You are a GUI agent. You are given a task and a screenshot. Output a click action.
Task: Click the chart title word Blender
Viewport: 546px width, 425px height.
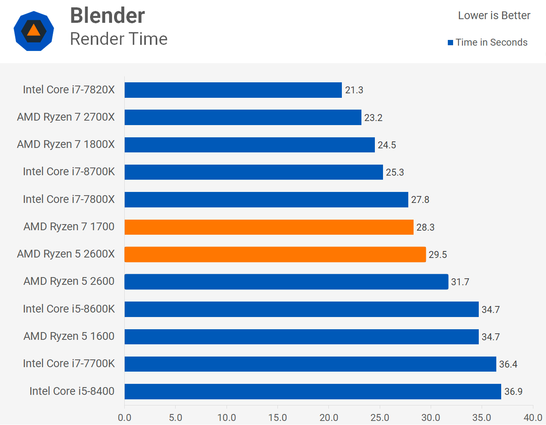click(107, 16)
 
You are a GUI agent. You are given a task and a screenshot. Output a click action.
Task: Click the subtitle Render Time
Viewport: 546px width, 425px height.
click(119, 39)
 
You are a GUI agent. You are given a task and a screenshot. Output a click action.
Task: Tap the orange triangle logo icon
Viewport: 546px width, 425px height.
click(34, 31)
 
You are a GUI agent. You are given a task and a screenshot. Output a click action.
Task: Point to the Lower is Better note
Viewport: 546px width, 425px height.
click(494, 15)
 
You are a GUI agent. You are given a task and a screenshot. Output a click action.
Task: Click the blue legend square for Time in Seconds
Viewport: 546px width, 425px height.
click(450, 43)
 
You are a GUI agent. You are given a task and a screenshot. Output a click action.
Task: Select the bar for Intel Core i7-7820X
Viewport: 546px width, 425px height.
click(233, 90)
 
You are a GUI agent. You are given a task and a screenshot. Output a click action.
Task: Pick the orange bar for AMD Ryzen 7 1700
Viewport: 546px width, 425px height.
click(269, 227)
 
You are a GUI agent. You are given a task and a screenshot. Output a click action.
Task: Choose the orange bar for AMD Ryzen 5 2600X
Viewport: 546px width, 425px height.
click(275, 254)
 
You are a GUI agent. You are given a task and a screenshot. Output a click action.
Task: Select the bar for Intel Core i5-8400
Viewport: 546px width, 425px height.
click(313, 392)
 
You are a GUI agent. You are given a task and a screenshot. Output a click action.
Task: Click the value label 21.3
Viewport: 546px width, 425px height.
click(354, 90)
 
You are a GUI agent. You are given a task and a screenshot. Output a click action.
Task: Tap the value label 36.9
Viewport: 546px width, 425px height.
click(513, 392)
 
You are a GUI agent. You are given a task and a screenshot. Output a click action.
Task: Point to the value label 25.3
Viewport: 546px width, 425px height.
click(394, 172)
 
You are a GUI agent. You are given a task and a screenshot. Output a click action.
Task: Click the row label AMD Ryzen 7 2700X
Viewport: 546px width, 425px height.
click(66, 117)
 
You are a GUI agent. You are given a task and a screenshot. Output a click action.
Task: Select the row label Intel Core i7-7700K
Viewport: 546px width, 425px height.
click(69, 363)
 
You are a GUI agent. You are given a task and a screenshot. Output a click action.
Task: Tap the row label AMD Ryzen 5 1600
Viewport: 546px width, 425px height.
click(69, 336)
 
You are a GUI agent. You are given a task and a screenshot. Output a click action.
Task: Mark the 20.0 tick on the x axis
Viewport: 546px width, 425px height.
click(329, 418)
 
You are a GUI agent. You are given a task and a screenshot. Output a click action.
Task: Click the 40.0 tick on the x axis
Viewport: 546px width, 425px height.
click(533, 418)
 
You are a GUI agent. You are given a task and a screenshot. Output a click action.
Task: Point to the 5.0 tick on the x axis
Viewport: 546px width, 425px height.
click(176, 418)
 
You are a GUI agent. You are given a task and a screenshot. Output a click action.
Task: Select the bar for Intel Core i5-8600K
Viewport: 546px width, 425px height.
click(302, 309)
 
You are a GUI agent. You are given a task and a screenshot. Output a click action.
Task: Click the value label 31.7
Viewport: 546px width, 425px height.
click(460, 282)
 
